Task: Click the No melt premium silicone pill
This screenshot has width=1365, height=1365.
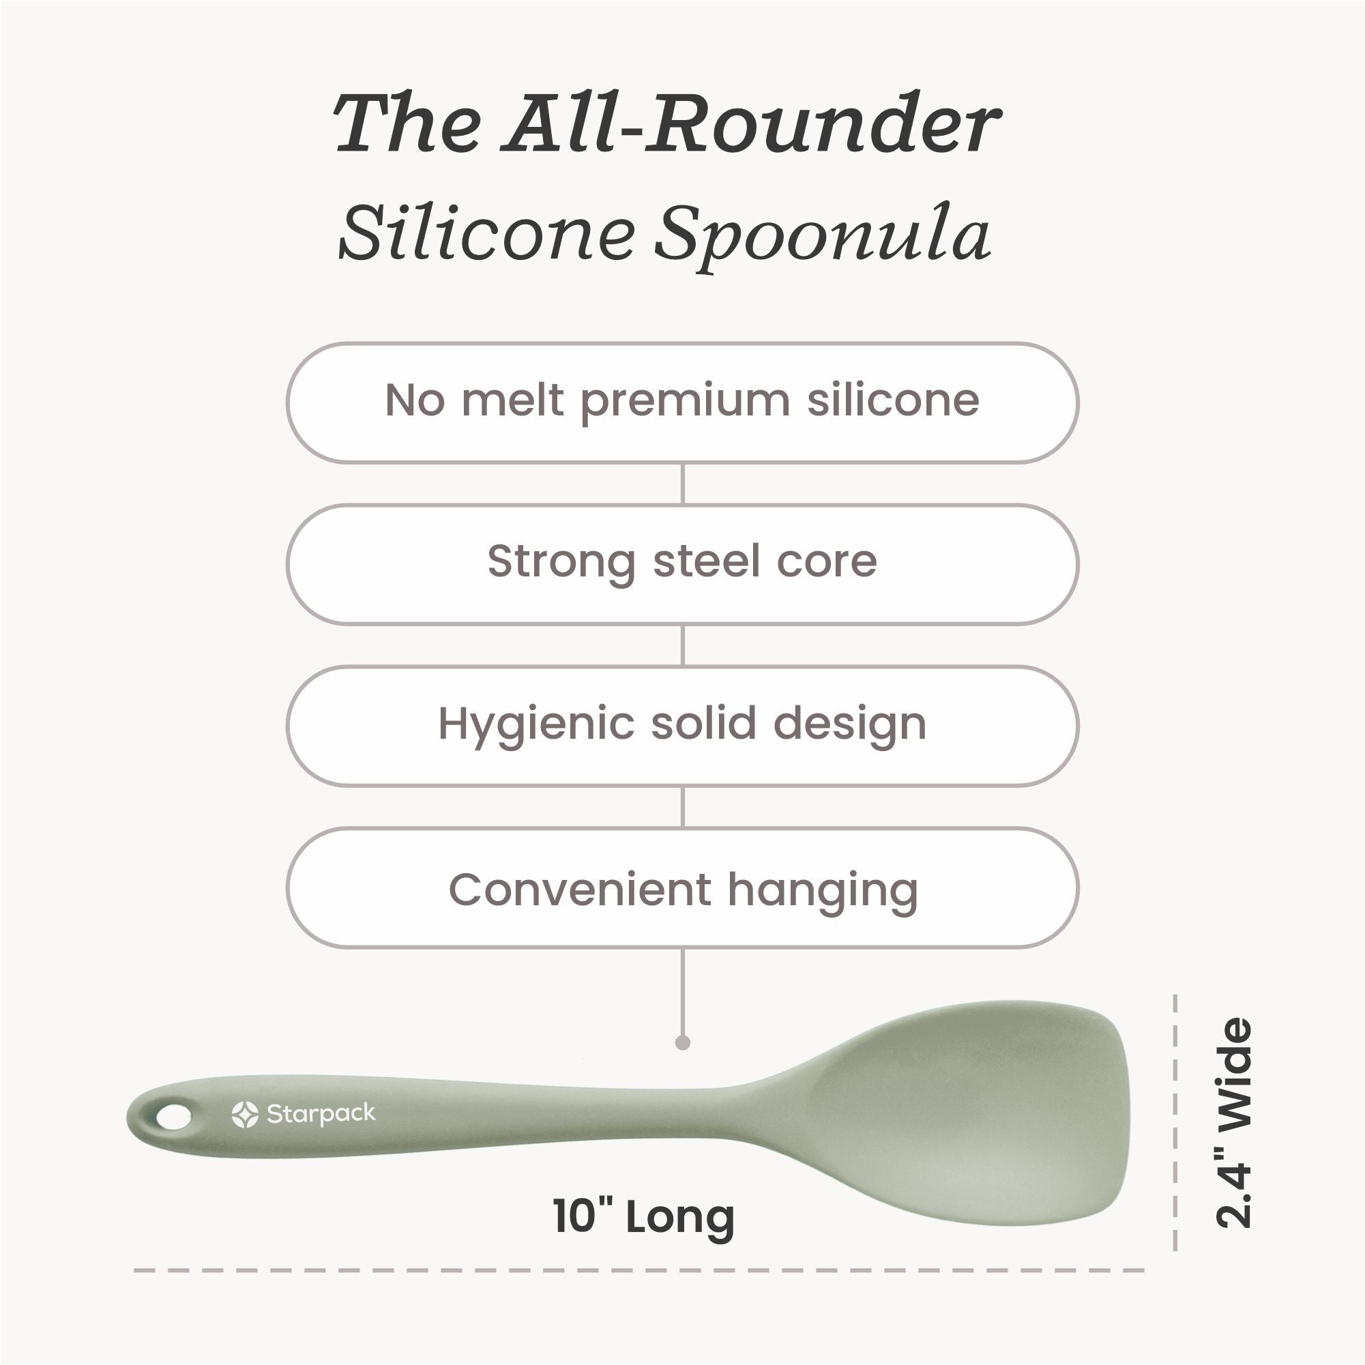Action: [682, 402]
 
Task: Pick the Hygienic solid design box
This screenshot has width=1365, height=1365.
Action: [682, 726]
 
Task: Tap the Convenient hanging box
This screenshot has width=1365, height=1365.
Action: [682, 887]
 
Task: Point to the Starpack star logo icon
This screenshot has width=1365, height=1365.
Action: [244, 1114]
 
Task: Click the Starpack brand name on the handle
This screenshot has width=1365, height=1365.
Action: [321, 1115]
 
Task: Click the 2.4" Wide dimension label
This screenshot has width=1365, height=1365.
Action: [1233, 1123]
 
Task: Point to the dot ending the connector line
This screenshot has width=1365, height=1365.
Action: [682, 1043]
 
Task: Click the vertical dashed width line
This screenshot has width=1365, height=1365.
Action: [1175, 1123]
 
